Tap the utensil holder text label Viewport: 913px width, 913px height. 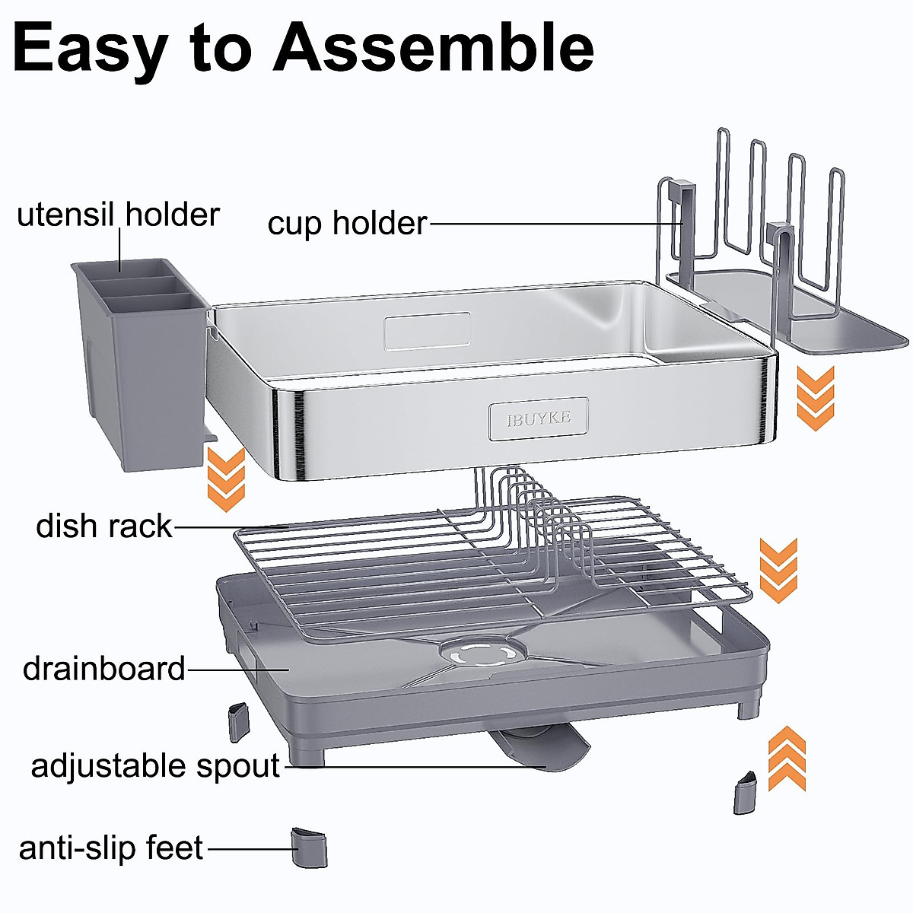[118, 215]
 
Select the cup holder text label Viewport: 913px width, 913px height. [347, 224]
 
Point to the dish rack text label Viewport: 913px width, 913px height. [104, 526]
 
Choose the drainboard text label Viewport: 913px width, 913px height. [104, 669]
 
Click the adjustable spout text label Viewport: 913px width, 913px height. [155, 765]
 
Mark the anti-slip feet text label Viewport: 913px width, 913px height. [111, 848]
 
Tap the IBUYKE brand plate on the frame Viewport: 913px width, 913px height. [539, 418]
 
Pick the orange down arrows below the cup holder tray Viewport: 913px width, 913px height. [815, 398]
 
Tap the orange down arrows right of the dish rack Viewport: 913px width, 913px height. [778, 571]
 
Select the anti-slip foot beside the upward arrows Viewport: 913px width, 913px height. [746, 793]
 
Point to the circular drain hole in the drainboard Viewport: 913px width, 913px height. [482, 653]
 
